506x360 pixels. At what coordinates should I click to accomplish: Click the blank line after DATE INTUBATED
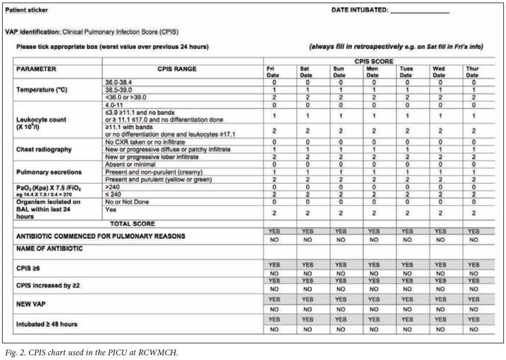[419, 11]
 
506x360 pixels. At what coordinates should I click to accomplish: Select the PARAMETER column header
[36, 69]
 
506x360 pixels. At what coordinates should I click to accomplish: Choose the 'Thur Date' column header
[472, 72]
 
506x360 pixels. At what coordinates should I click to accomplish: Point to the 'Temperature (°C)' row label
[41, 90]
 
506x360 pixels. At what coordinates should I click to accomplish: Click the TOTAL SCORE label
[132, 224]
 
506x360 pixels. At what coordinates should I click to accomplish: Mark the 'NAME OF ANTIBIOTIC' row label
[49, 249]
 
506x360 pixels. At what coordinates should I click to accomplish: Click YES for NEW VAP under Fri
[274, 300]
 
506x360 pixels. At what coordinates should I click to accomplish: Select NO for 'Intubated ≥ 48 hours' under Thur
[473, 330]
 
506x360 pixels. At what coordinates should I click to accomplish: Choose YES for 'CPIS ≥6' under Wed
[440, 265]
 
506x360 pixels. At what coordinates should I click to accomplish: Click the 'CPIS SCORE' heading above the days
[373, 61]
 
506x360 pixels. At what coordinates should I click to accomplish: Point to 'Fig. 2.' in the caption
[14, 353]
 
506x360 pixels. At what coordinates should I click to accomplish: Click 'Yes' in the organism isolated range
[110, 209]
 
